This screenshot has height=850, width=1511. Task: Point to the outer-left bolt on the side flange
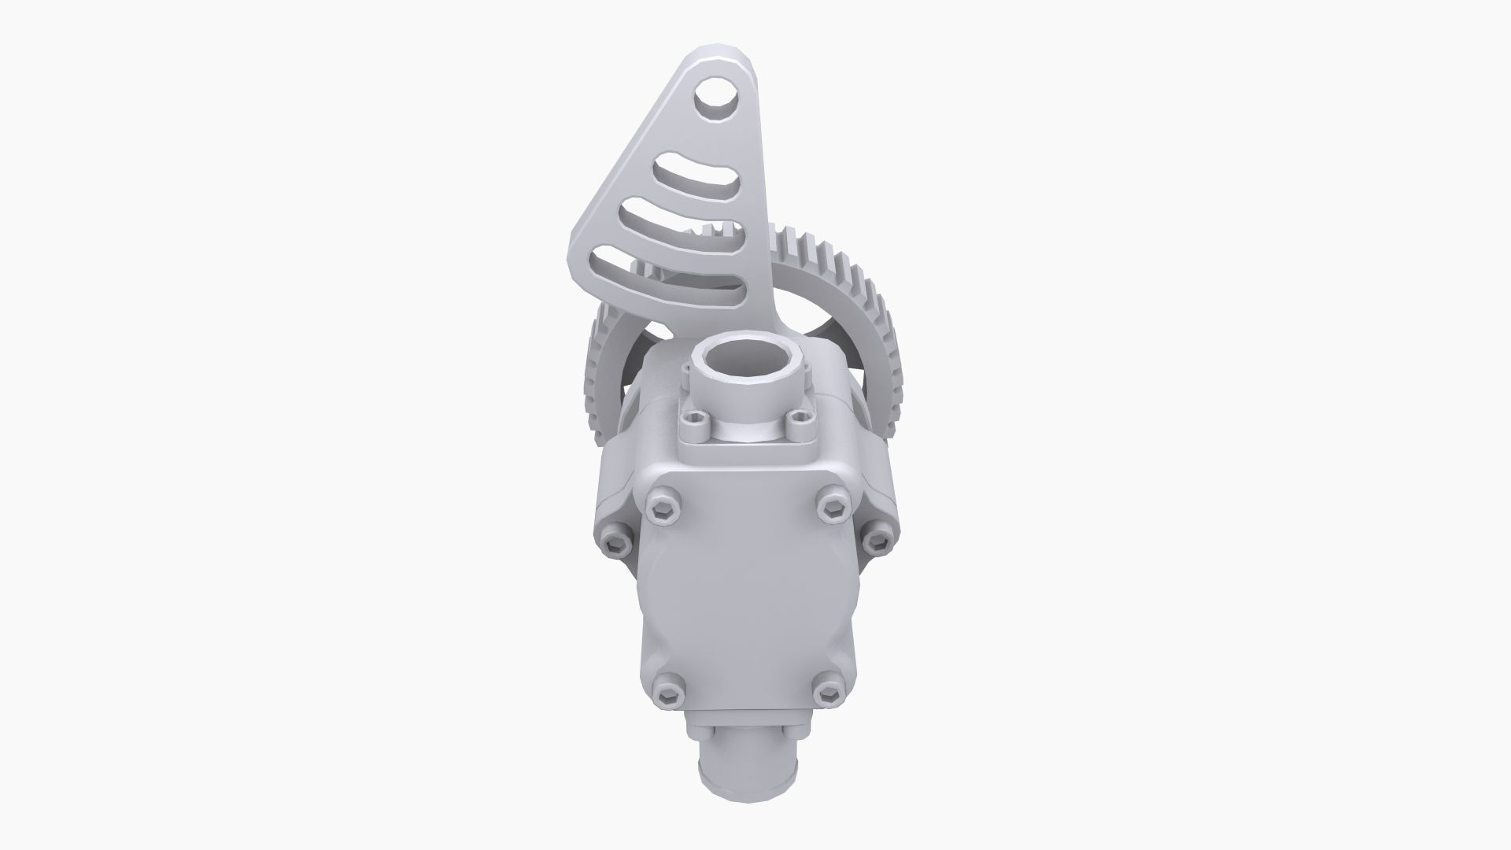(615, 541)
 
